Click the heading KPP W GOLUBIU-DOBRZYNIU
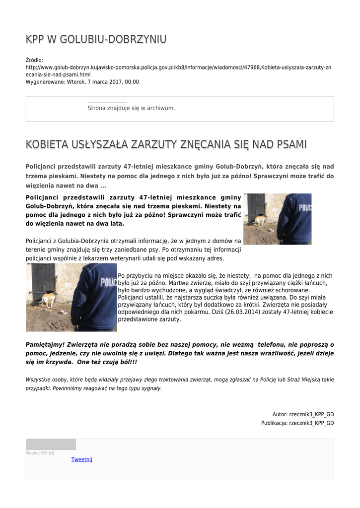pyautogui.click(x=96, y=39)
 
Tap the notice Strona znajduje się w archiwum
pyautogui.click(x=131, y=108)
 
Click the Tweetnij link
pyautogui.click(x=81, y=459)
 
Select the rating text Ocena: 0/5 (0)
pyautogui.click(x=40, y=453)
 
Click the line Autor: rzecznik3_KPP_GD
pyautogui.click(x=303, y=414)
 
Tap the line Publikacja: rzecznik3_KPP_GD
pyautogui.click(x=297, y=423)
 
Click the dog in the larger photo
pyautogui.click(x=48, y=299)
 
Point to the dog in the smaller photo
pyautogui.click(x=259, y=221)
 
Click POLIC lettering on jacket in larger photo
pyautogui.click(x=108, y=282)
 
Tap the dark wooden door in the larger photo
pyautogui.click(x=44, y=283)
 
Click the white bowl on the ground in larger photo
pyautogui.click(x=64, y=312)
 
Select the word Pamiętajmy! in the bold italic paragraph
pyautogui.click(x=45, y=344)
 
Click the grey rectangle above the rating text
pyautogui.click(x=51, y=444)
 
